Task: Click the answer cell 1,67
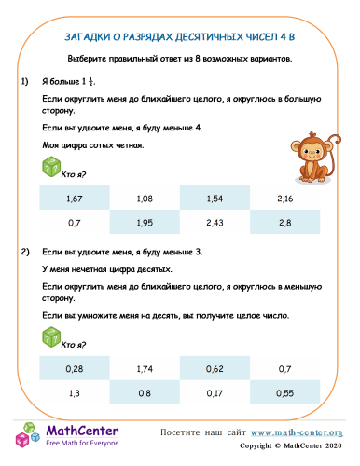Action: point(76,199)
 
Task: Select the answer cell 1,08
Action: point(145,199)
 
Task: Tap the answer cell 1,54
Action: point(215,199)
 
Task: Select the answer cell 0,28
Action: point(76,370)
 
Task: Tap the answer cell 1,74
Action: point(145,370)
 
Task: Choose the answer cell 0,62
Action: point(215,370)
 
